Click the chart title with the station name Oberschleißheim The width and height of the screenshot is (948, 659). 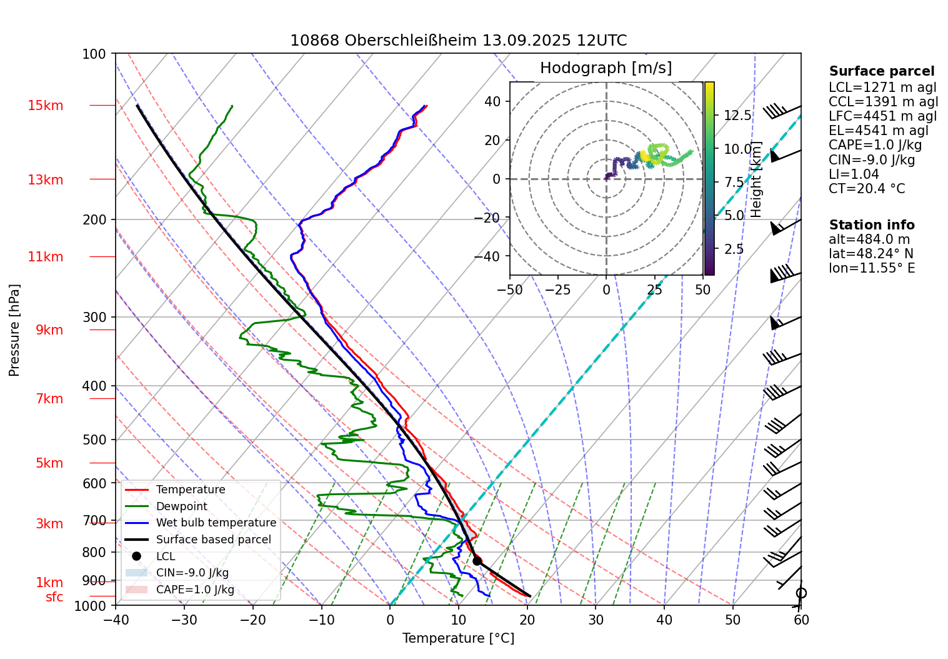point(458,41)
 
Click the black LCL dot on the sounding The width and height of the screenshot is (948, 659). point(477,561)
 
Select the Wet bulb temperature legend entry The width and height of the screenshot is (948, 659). point(216,523)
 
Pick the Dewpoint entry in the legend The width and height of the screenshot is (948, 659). point(181,506)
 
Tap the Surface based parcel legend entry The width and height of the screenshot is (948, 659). point(213,540)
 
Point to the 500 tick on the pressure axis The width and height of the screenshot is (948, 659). point(94,440)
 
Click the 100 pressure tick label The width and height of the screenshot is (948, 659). point(94,54)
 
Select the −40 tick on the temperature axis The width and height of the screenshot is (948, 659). point(116,620)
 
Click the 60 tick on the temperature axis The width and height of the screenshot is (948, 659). point(801,620)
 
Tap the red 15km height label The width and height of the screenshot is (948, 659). point(46,106)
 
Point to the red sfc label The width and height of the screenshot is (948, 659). point(54,597)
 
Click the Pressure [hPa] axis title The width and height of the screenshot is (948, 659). point(14,330)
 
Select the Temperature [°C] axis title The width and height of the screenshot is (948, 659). point(458,638)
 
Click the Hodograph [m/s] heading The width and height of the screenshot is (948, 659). point(606,68)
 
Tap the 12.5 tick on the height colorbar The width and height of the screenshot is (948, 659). point(737,115)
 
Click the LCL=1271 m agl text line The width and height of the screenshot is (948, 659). point(882,88)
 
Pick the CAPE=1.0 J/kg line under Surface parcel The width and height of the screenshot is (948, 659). point(875,145)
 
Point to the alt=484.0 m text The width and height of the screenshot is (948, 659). point(869,239)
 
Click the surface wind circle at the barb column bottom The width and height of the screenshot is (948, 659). point(801,593)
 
